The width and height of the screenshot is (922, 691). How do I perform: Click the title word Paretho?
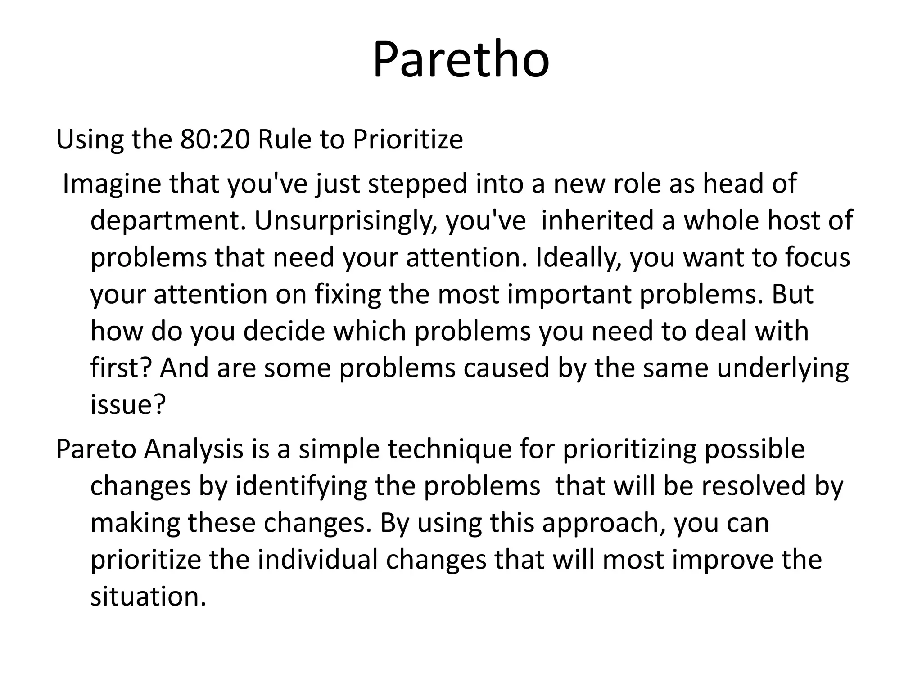(x=461, y=60)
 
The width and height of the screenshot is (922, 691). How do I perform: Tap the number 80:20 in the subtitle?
(x=215, y=139)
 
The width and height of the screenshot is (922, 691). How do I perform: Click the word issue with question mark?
(x=128, y=404)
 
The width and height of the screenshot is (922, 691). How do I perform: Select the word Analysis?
(x=194, y=449)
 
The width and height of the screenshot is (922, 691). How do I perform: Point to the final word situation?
(x=148, y=597)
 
